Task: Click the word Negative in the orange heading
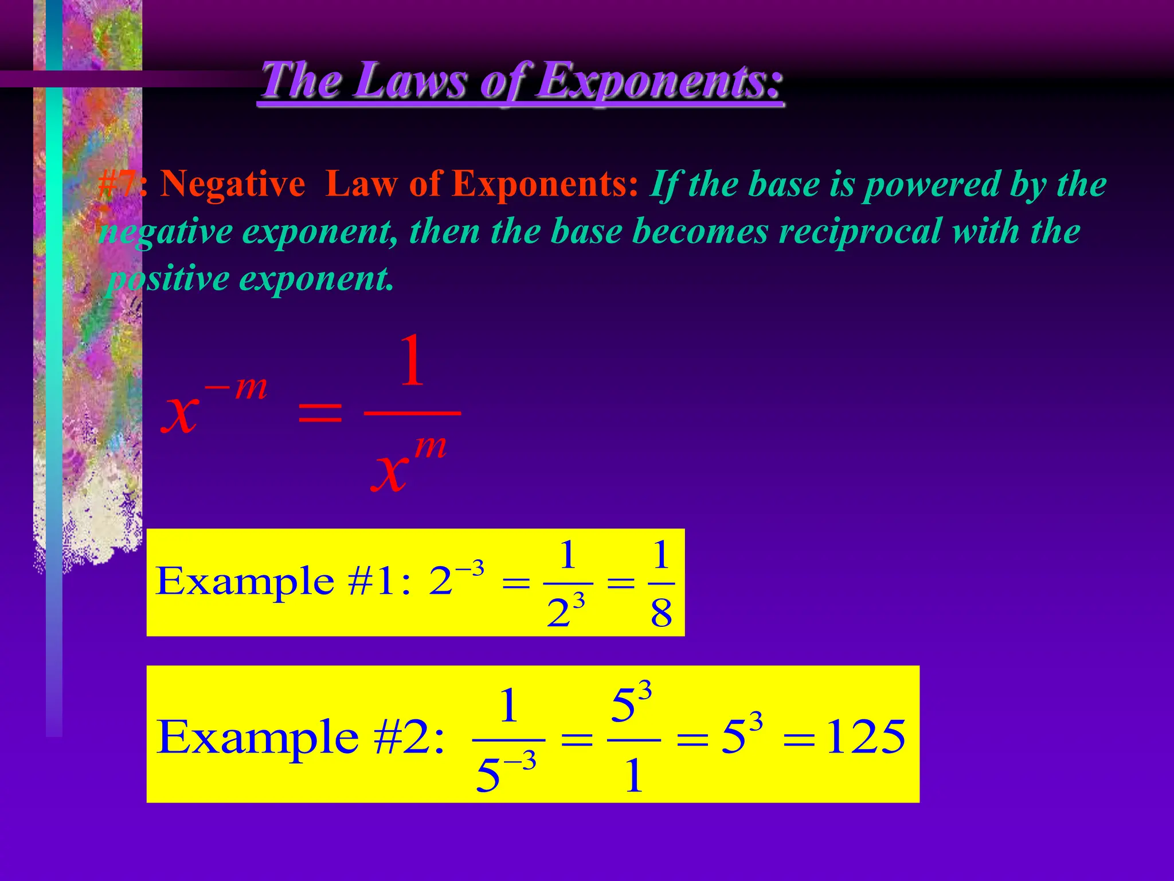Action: coord(232,185)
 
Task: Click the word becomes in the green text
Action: coord(699,232)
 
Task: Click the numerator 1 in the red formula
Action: coord(412,361)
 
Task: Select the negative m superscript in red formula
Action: coord(236,388)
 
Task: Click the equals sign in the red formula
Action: coord(320,413)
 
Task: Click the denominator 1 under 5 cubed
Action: coord(633,777)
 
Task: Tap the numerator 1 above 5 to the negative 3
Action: coord(508,706)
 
